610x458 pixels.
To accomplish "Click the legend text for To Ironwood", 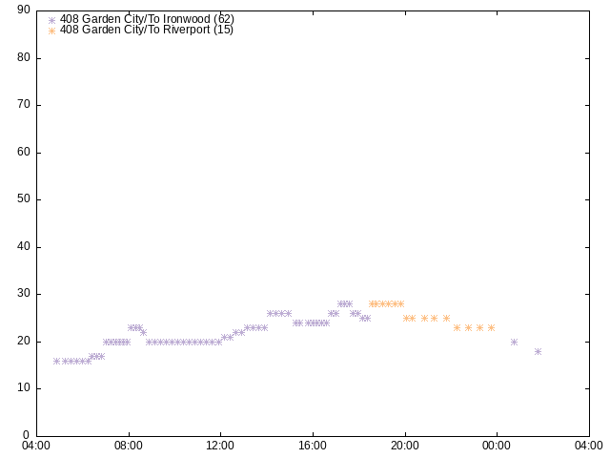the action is [147, 19].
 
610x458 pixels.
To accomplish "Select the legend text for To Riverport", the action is [146, 30].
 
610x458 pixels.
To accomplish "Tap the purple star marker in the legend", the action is [51, 20].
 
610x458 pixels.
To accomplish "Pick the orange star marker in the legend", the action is [51, 31].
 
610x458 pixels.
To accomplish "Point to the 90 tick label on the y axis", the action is [24, 10].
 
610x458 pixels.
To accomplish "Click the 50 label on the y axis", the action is [24, 199].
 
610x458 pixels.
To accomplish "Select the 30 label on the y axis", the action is [24, 294].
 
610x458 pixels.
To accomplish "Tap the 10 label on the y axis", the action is [24, 388].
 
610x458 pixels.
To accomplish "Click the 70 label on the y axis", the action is [24, 104].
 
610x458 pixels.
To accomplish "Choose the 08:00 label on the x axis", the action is [129, 446].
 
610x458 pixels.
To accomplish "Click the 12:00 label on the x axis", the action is [220, 446].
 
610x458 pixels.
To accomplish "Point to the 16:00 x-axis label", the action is [313, 446].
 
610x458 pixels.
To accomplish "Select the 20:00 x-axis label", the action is [405, 446].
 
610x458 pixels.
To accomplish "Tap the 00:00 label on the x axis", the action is [497, 446].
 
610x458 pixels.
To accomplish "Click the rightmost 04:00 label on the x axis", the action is [589, 446].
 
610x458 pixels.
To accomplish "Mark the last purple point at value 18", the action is [538, 352].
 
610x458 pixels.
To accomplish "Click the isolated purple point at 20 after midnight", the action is [514, 343].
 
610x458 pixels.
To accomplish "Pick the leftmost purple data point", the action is [57, 362].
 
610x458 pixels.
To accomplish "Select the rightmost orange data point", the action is [492, 328].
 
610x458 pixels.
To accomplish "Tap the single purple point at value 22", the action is [143, 333].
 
